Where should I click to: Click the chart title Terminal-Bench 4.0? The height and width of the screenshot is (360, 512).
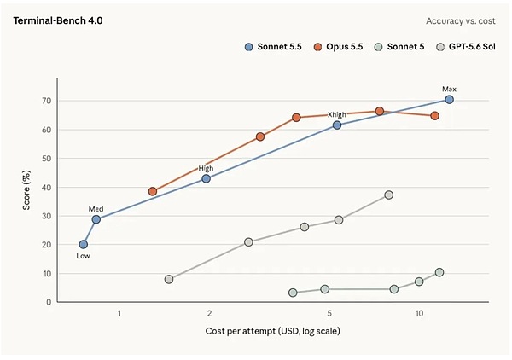click(58, 20)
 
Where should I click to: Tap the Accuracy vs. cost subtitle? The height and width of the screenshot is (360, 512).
click(461, 21)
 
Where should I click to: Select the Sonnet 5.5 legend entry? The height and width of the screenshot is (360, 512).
click(273, 47)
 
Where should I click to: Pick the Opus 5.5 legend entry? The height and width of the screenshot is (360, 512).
click(338, 47)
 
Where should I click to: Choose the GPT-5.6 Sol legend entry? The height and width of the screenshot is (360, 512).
click(466, 47)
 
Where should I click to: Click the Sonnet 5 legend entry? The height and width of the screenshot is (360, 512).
click(399, 47)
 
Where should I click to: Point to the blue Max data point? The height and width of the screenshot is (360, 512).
click(449, 100)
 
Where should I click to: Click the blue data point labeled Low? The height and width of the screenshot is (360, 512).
click(84, 244)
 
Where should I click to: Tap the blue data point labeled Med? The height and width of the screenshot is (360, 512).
click(96, 219)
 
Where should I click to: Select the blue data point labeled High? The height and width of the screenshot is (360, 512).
click(206, 178)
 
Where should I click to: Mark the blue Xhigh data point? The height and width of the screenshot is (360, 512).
click(337, 125)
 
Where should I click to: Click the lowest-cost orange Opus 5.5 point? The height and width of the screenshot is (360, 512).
click(153, 191)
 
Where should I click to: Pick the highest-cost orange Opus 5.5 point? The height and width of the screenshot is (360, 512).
click(434, 115)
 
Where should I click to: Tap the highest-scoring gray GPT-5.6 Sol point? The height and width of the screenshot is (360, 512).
click(388, 195)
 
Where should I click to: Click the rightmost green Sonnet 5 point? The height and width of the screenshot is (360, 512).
click(439, 272)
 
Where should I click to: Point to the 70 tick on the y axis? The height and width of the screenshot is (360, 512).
click(47, 101)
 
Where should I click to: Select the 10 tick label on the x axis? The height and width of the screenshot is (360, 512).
click(419, 313)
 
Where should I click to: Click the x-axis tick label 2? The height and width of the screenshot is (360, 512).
click(209, 313)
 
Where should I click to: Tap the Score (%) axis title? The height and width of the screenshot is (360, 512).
click(26, 190)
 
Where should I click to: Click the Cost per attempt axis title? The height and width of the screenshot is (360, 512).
click(273, 331)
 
